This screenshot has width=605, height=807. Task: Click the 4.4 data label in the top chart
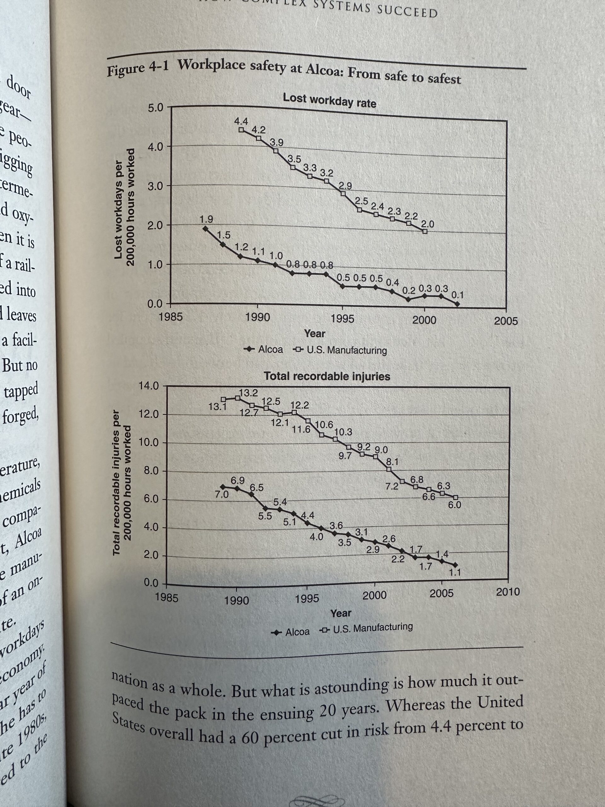pyautogui.click(x=241, y=121)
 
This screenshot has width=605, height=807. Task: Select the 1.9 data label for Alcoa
pyautogui.click(x=206, y=219)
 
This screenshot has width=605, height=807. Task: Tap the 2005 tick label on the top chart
pyautogui.click(x=505, y=322)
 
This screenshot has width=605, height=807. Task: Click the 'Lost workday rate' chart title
pyautogui.click(x=329, y=100)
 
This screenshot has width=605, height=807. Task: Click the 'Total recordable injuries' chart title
pyautogui.click(x=327, y=376)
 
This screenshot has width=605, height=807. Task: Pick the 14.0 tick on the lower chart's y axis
pyautogui.click(x=149, y=386)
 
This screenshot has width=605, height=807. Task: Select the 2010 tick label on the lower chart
pyautogui.click(x=508, y=592)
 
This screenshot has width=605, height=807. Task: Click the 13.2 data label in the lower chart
pyautogui.click(x=248, y=393)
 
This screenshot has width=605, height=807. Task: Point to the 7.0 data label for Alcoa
pyautogui.click(x=221, y=495)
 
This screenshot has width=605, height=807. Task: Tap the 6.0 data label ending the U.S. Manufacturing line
pyautogui.click(x=454, y=505)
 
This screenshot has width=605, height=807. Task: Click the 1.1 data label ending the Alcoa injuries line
pyautogui.click(x=455, y=572)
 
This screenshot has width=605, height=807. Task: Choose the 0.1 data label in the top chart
pyautogui.click(x=457, y=294)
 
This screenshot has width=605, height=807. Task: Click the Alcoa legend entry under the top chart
pyautogui.click(x=264, y=349)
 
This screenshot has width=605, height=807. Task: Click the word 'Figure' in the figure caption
pyautogui.click(x=125, y=69)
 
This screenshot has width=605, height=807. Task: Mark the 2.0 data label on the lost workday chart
pyautogui.click(x=428, y=224)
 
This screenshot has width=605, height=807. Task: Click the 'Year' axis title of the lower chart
pyautogui.click(x=341, y=613)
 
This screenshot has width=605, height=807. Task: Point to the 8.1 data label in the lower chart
pyautogui.click(x=392, y=462)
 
